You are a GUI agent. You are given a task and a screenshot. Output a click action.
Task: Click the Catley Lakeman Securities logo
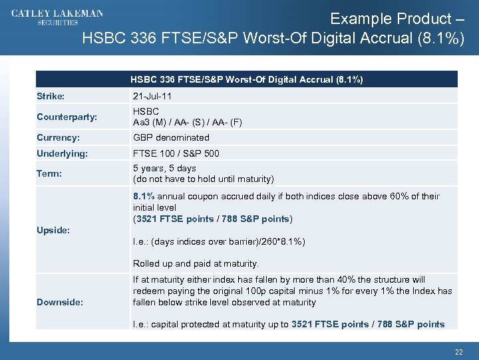coord(57,17)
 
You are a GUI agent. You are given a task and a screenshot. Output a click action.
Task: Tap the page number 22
coord(458,351)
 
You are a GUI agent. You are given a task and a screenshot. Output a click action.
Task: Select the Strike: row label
coord(51,96)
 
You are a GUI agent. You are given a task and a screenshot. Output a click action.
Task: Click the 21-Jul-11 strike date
coord(152,96)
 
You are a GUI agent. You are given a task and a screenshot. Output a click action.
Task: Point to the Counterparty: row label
coord(67,117)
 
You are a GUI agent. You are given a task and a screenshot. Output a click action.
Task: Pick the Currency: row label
coord(59,137)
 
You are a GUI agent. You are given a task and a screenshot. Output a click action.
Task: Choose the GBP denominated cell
coord(171,137)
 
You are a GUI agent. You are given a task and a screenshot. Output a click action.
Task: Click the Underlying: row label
coord(62,153)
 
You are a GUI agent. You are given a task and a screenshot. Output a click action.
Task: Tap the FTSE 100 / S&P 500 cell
coord(176,153)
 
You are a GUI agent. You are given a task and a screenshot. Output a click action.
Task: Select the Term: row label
coord(49,173)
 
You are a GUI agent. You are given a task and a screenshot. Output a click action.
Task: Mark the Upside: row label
coord(53,230)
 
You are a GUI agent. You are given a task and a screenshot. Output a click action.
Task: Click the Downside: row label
coord(60,302)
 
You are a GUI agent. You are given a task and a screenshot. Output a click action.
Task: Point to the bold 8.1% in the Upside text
coord(144,196)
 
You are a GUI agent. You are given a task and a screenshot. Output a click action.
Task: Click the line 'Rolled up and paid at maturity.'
coord(196,263)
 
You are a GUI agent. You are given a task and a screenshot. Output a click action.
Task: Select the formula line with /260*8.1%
coord(219,241)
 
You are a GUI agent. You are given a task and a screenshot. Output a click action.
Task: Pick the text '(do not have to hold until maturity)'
coord(203,179)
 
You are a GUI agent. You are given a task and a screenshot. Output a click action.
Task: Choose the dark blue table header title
coord(246,79)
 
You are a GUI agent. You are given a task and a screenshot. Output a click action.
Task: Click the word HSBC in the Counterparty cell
coord(146,111)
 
